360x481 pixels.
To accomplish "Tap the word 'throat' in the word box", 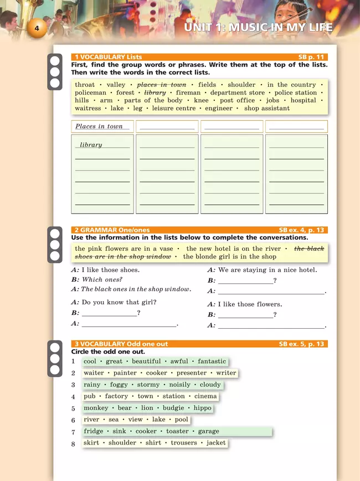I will [85, 85].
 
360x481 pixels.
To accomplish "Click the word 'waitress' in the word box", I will [88, 108].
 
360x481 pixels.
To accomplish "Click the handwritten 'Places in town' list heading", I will [99, 126].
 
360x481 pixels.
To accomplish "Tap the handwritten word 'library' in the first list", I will [91, 145].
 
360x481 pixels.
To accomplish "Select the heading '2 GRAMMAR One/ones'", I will [111, 230].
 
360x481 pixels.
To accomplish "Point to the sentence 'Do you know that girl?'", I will [119, 302].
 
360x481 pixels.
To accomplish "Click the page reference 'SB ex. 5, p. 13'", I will [302, 344].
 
